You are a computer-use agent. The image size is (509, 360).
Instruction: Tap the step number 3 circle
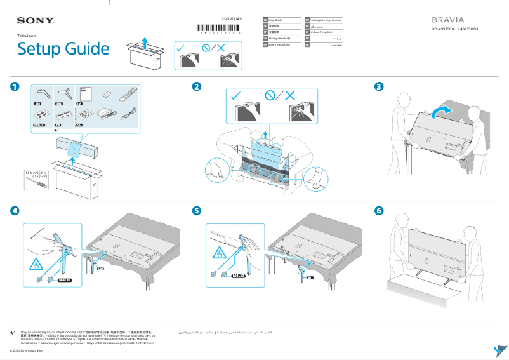pos(379,86)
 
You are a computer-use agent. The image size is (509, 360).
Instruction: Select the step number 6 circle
pos(379,210)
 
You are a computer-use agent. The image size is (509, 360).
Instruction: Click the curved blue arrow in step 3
pos(442,112)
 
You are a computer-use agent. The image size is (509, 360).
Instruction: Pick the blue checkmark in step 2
pos(237,96)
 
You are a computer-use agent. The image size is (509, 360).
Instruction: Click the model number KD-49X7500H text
pos(455,29)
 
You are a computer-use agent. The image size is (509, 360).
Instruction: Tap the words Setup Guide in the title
pos(63,49)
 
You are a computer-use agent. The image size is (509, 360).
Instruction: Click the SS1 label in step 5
pos(310,277)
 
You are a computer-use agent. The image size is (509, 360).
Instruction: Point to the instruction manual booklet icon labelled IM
pos(85,93)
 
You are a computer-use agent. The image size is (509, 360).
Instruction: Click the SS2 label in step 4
pos(100,269)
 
